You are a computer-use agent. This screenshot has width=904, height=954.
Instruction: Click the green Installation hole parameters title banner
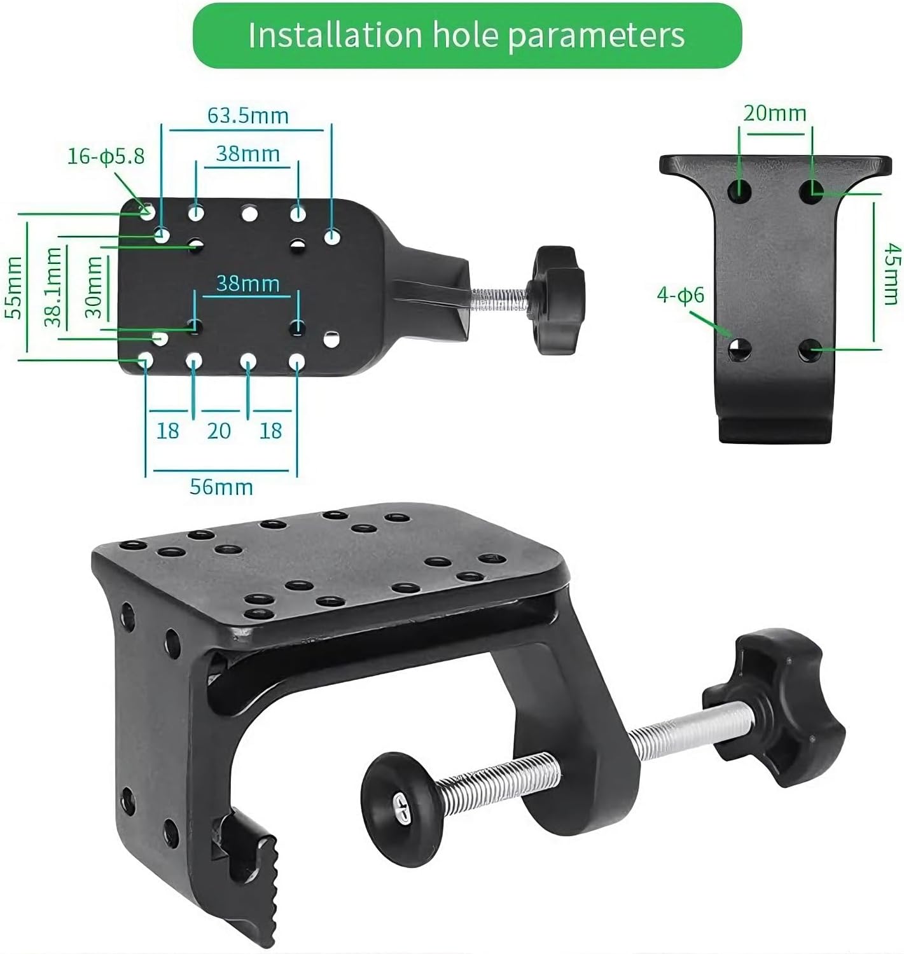[466, 36]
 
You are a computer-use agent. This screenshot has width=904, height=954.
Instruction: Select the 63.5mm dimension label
[247, 116]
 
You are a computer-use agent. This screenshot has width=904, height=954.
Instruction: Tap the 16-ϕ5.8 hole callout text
[106, 156]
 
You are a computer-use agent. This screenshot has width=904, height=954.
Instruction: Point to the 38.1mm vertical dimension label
[53, 287]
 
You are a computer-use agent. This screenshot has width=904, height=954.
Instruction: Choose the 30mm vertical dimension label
[94, 287]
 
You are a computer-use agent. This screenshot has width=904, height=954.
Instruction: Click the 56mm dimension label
[221, 487]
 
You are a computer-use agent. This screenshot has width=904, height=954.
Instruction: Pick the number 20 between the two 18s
[218, 431]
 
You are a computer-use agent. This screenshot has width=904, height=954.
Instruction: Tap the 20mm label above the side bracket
[774, 113]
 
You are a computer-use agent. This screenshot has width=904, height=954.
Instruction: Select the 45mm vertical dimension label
[892, 273]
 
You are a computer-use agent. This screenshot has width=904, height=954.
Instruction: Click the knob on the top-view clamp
[557, 301]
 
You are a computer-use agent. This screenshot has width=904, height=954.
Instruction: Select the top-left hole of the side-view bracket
[740, 190]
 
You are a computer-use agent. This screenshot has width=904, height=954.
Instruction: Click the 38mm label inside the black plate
[247, 283]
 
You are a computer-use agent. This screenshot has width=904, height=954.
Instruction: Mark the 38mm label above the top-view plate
[247, 154]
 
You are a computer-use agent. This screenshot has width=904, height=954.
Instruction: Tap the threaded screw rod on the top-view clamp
[499, 296]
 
